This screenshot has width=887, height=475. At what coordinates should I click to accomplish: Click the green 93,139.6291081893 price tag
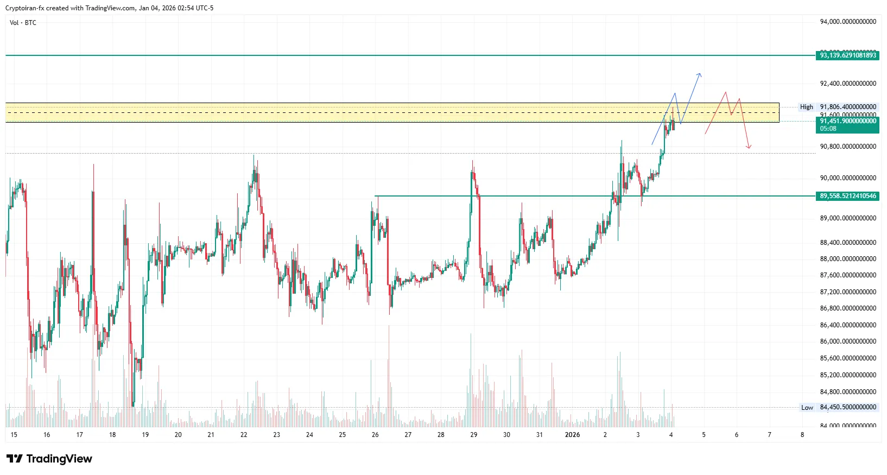[847, 55]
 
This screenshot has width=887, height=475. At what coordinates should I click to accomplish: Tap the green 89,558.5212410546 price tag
[847, 196]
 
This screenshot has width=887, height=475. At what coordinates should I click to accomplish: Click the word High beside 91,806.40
[806, 107]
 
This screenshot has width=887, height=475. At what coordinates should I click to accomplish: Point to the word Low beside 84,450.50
[807, 408]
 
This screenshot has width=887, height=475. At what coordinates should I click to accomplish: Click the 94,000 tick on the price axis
[848, 22]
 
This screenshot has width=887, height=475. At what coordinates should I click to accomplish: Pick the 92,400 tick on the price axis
[848, 84]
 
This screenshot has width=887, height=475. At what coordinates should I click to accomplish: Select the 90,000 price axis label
[848, 178]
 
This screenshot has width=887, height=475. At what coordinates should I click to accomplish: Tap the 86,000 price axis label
[848, 341]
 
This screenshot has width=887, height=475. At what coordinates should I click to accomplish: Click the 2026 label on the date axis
[572, 435]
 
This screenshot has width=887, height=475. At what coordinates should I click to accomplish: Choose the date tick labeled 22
[244, 435]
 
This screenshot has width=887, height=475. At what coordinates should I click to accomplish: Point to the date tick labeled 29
[473, 435]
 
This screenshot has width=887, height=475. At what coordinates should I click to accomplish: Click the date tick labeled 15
[14, 435]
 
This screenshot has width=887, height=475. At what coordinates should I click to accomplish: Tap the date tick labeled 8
[802, 435]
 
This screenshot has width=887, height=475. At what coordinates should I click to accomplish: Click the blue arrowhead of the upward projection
[700, 74]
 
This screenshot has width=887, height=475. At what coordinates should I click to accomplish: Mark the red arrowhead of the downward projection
[749, 147]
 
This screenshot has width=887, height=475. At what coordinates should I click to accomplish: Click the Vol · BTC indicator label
[23, 23]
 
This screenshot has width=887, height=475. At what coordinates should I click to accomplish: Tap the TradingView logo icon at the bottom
[15, 459]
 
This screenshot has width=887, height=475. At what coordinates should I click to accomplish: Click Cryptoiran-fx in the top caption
[24, 8]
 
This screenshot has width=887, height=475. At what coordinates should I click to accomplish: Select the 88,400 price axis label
[848, 243]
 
